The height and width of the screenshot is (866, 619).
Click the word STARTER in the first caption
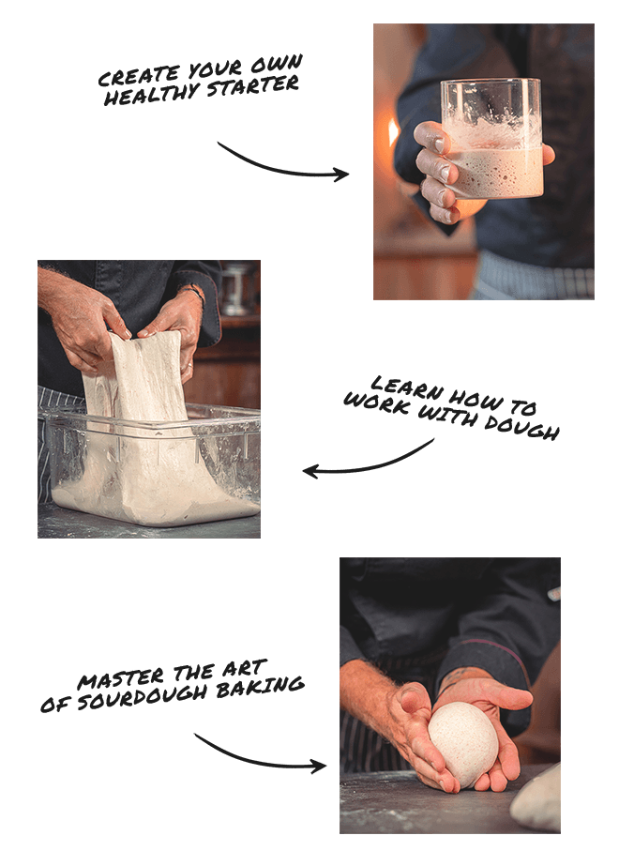point(253,86)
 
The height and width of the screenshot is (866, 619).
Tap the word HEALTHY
point(151,93)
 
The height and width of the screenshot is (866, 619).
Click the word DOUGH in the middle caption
point(521,425)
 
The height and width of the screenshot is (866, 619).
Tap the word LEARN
point(407,387)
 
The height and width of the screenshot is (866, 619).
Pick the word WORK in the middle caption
point(377,403)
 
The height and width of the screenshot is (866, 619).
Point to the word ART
point(245,668)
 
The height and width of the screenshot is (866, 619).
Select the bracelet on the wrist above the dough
point(195,293)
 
